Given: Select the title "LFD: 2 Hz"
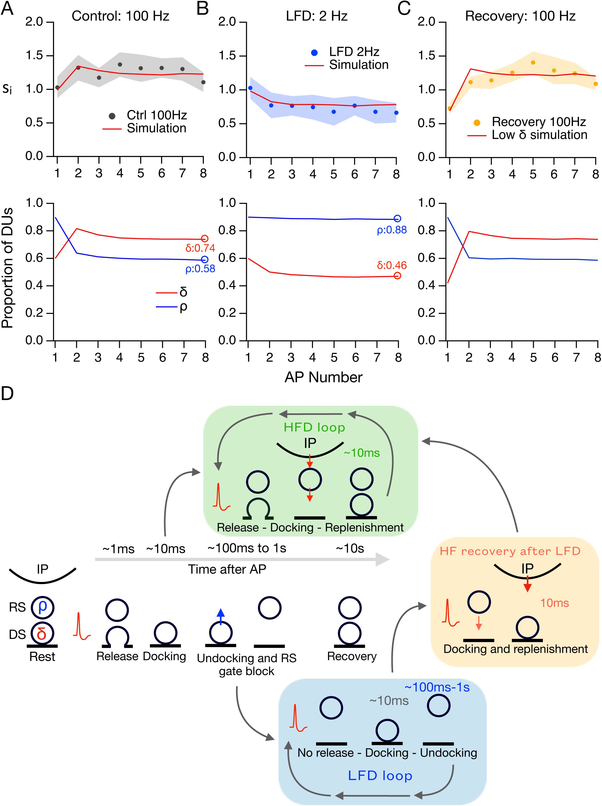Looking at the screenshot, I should point(316,16).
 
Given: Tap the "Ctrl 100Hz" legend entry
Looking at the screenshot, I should point(156,115).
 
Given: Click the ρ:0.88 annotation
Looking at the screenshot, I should point(392,230).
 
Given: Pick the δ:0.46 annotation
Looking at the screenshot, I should point(392,265).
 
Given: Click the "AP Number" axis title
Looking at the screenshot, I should point(323,377).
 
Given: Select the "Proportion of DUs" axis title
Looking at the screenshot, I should point(7,268).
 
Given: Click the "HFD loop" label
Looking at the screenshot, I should point(314,427).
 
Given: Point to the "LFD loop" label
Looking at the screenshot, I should point(380,776).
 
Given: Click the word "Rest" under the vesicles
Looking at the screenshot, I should point(42,657).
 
